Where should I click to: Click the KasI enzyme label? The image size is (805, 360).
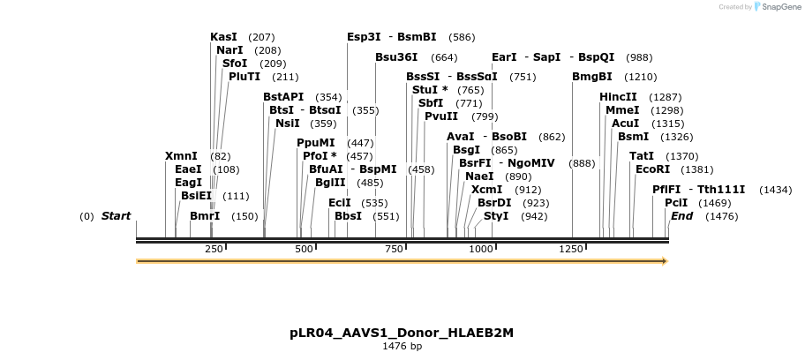(224, 37)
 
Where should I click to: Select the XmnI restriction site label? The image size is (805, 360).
(181, 156)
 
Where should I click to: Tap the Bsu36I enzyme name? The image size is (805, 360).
(397, 57)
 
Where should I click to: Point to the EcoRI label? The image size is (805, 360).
(653, 169)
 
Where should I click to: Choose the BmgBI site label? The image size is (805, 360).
(592, 77)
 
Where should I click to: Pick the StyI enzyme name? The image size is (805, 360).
(496, 216)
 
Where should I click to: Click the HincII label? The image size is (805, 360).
(618, 97)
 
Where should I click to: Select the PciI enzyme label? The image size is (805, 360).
(676, 203)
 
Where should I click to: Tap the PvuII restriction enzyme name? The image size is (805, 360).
(441, 116)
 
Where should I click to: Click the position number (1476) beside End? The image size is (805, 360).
(721, 216)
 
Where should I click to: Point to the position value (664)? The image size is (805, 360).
(444, 57)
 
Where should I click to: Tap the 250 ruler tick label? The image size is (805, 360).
(214, 250)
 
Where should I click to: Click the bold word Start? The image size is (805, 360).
(116, 216)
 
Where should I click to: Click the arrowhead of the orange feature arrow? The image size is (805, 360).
(664, 261)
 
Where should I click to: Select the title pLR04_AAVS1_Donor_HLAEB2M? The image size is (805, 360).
(402, 333)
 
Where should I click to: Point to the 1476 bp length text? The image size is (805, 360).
(402, 347)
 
